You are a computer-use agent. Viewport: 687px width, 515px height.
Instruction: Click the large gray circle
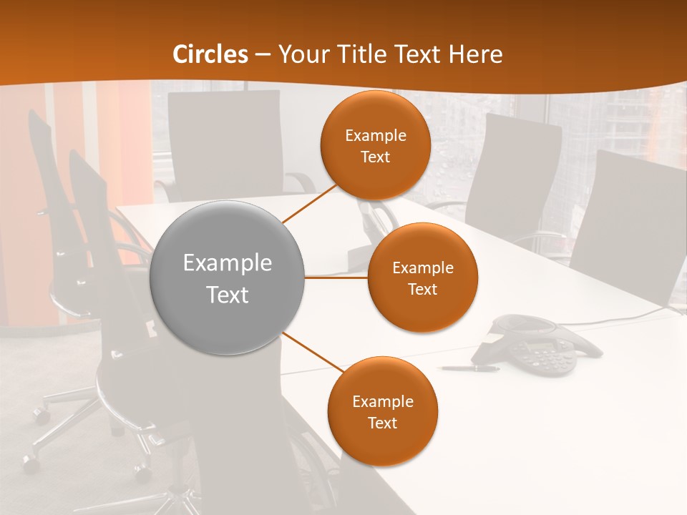tap(228, 278)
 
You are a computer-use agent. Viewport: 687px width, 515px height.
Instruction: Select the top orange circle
tap(376, 145)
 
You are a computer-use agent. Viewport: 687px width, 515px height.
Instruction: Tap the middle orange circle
tap(423, 278)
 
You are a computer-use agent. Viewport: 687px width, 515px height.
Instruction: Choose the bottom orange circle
tap(382, 411)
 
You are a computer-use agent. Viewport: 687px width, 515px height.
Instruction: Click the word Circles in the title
tap(210, 54)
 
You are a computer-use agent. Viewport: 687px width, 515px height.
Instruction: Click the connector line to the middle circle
tap(336, 278)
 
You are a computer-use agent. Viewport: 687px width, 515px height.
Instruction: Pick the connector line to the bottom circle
tap(309, 353)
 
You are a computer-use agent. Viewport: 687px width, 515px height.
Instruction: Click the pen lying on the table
tap(469, 368)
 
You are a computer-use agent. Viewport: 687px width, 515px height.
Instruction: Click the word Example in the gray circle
tap(228, 263)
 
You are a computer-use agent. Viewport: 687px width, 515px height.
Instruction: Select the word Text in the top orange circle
tap(376, 157)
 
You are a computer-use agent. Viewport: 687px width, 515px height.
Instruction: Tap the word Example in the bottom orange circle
tap(382, 401)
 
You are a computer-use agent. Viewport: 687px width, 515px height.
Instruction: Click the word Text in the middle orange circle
tap(423, 290)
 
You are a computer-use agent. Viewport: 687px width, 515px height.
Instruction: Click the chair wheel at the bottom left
tap(29, 461)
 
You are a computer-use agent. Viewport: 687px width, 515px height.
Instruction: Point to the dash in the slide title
tap(263, 54)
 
